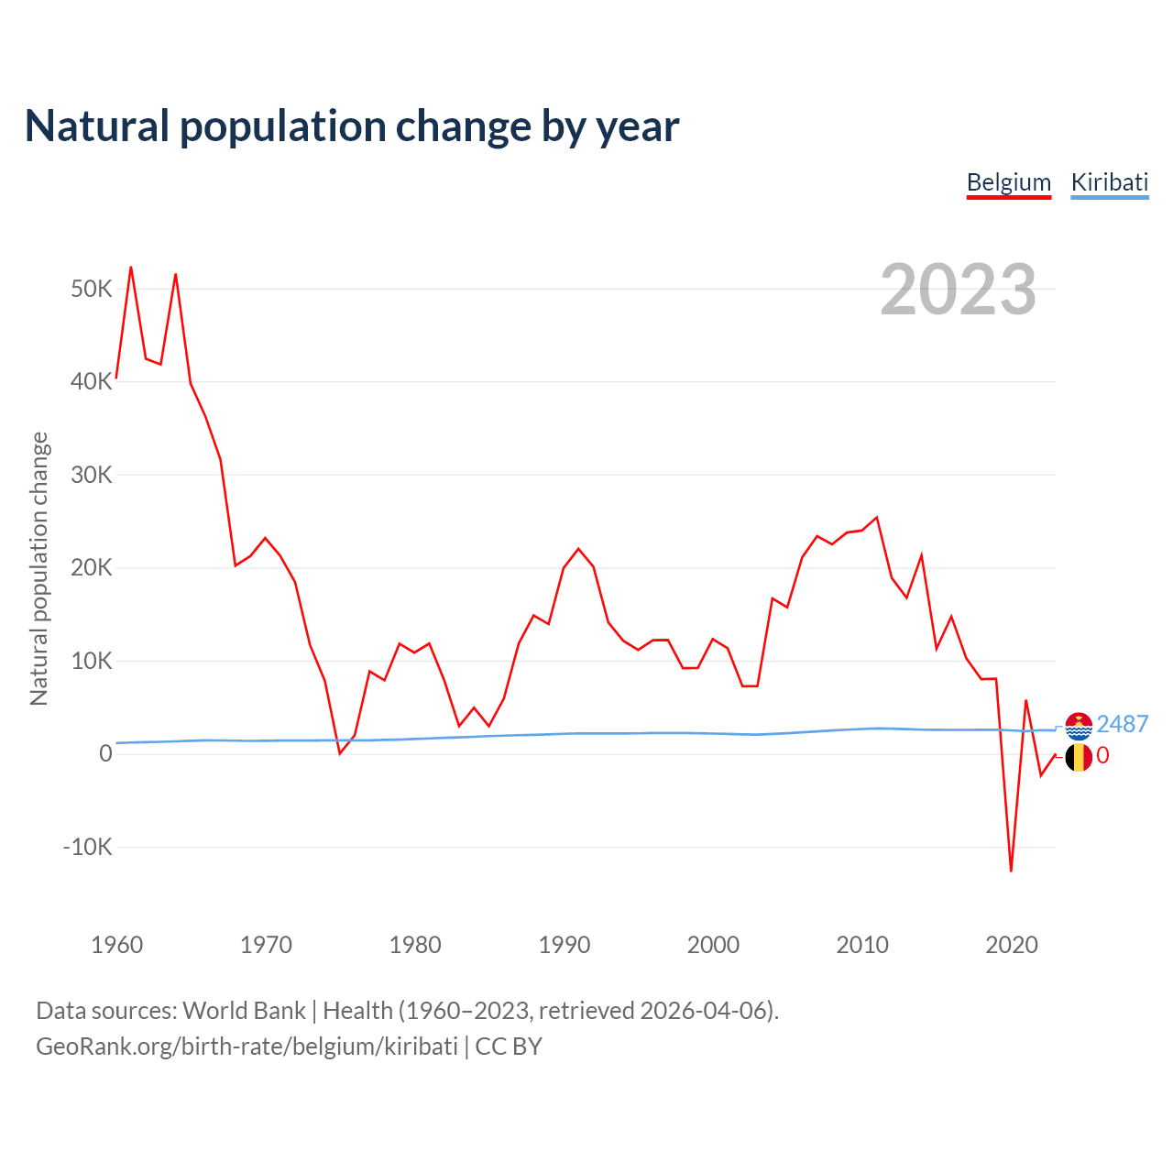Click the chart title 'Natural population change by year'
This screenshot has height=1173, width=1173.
tap(352, 126)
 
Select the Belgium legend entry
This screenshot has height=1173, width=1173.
tap(1009, 182)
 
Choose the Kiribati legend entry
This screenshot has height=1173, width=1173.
tap(1110, 182)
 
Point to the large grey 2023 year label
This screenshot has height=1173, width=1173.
tap(958, 290)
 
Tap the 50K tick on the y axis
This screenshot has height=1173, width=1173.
tap(92, 290)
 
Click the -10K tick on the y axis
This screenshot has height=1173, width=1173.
tap(88, 847)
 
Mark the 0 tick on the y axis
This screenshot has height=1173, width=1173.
tap(105, 753)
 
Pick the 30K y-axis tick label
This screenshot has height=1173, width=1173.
tap(92, 475)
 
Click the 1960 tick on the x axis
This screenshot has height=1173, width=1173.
tap(117, 945)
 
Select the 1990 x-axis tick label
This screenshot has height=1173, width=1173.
tap(565, 945)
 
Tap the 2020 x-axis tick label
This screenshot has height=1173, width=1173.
tap(1011, 945)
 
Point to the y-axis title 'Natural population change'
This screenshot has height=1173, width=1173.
tap(38, 568)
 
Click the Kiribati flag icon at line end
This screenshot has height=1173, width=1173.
tap(1079, 725)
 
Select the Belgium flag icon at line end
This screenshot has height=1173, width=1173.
tap(1079, 756)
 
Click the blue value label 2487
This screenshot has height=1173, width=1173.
tap(1123, 724)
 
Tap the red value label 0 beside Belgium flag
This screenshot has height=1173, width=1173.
tap(1102, 755)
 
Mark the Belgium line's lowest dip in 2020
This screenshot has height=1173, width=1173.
tap(1011, 871)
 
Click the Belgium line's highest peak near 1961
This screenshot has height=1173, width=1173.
tap(131, 268)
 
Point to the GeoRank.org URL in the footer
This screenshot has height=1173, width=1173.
tap(247, 1046)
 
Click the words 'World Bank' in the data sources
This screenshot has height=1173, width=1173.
tap(244, 1010)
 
